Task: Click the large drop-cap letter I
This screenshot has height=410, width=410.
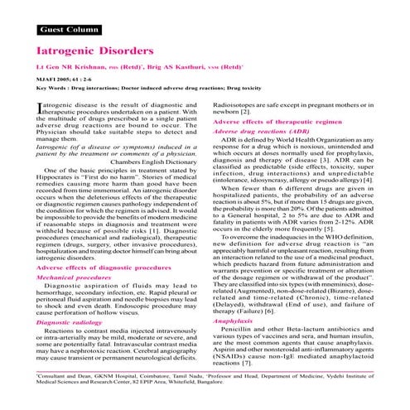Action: (x=18, y=110)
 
